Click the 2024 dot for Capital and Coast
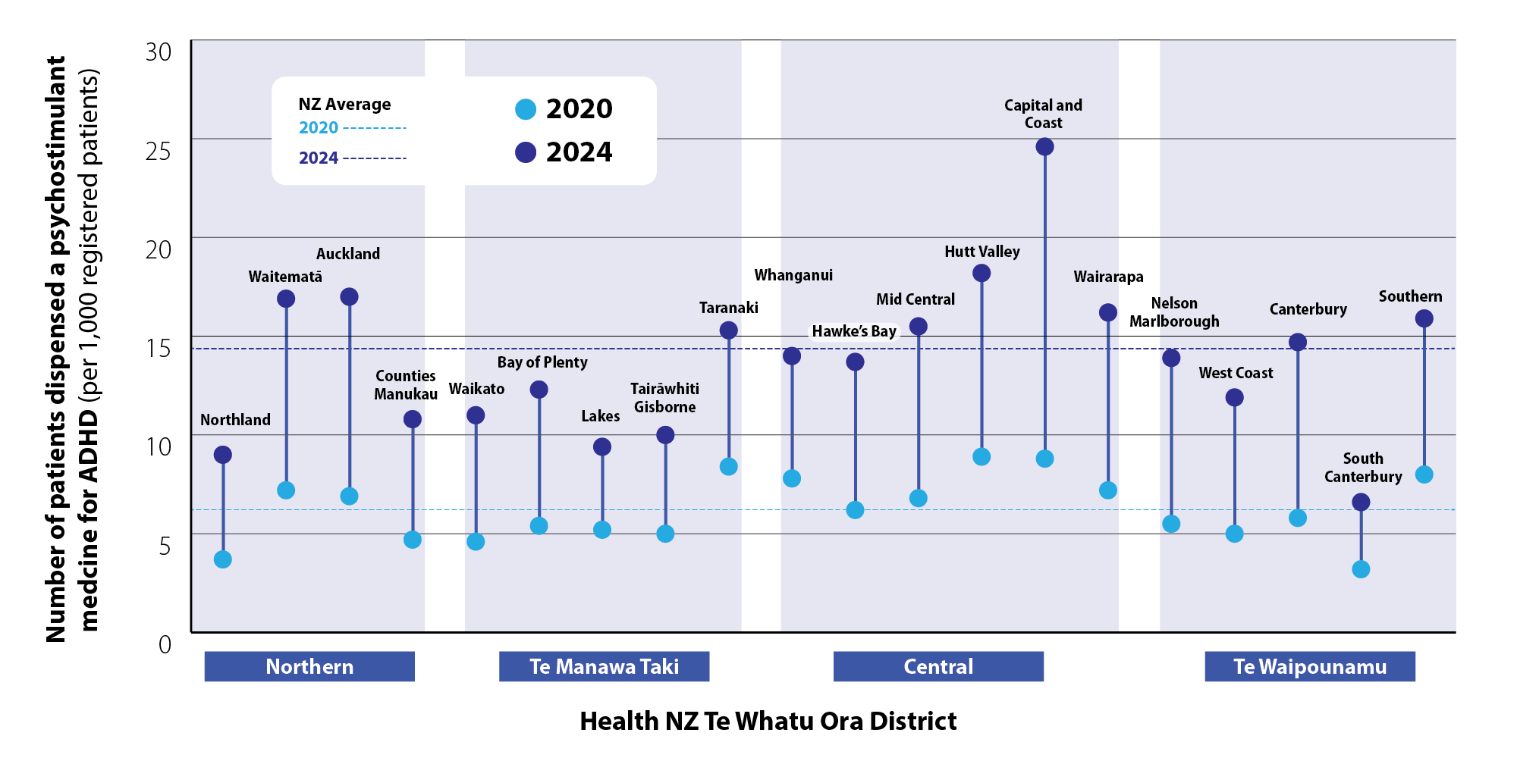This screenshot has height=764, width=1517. point(1044,147)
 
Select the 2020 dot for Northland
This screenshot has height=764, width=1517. point(223,559)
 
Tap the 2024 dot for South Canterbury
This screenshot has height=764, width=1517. point(1361,502)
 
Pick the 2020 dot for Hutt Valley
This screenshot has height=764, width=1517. point(981,456)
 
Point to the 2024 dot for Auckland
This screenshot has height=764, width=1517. point(350,296)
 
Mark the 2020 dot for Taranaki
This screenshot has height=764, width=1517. point(728,466)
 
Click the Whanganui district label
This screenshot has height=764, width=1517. point(793,275)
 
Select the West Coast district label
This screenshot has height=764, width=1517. point(1236,373)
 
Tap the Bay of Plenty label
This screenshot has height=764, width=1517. point(542,362)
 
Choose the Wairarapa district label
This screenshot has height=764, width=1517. point(1108,277)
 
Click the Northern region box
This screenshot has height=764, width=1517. point(309,666)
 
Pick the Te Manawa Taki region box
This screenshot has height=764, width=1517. point(604,666)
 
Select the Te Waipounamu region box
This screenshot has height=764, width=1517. point(1310,666)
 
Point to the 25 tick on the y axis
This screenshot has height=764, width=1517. point(159,151)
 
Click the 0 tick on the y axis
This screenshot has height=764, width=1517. point(165,644)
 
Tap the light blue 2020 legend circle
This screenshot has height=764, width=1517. point(526,110)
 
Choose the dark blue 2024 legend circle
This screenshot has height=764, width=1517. point(526,152)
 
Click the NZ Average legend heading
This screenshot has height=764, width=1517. point(344,104)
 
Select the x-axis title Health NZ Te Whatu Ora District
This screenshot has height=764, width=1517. point(768,721)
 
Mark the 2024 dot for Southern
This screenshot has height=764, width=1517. point(1424,318)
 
